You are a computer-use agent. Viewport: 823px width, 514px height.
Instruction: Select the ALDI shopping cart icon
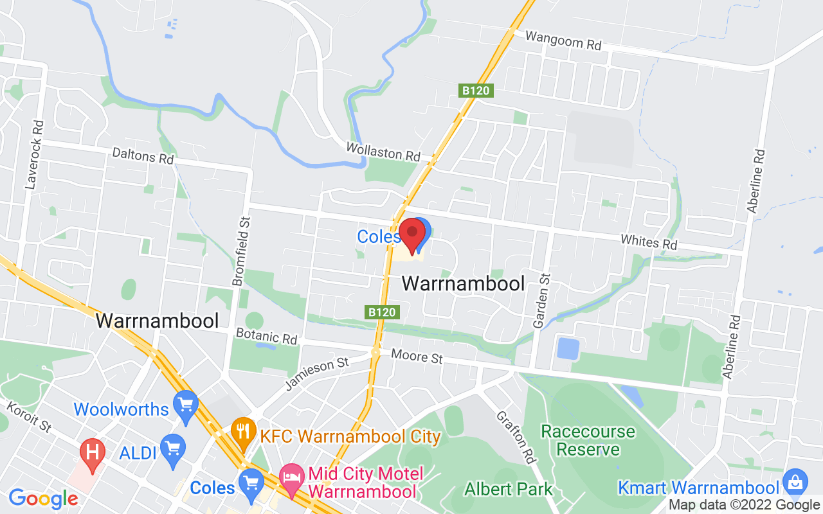coord(172,448)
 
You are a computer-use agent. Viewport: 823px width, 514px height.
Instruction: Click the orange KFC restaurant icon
coord(243,432)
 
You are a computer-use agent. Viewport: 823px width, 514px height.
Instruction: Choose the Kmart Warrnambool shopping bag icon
coord(795,482)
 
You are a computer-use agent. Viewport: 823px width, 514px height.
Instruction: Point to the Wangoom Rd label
coord(563,40)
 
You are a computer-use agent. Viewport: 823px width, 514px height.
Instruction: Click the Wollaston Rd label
coord(383,152)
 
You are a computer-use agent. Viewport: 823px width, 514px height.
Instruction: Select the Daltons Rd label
coord(143,155)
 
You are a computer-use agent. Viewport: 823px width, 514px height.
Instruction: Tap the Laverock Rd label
coord(34,154)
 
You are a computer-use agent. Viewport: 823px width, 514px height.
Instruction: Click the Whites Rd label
coord(649,242)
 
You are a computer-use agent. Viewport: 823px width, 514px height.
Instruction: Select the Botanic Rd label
coord(266,336)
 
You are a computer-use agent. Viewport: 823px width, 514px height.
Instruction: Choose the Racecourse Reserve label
coord(588,440)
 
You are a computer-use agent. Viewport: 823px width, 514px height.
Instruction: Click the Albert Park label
coord(509,489)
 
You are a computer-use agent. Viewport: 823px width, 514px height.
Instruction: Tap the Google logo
coord(43,499)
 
